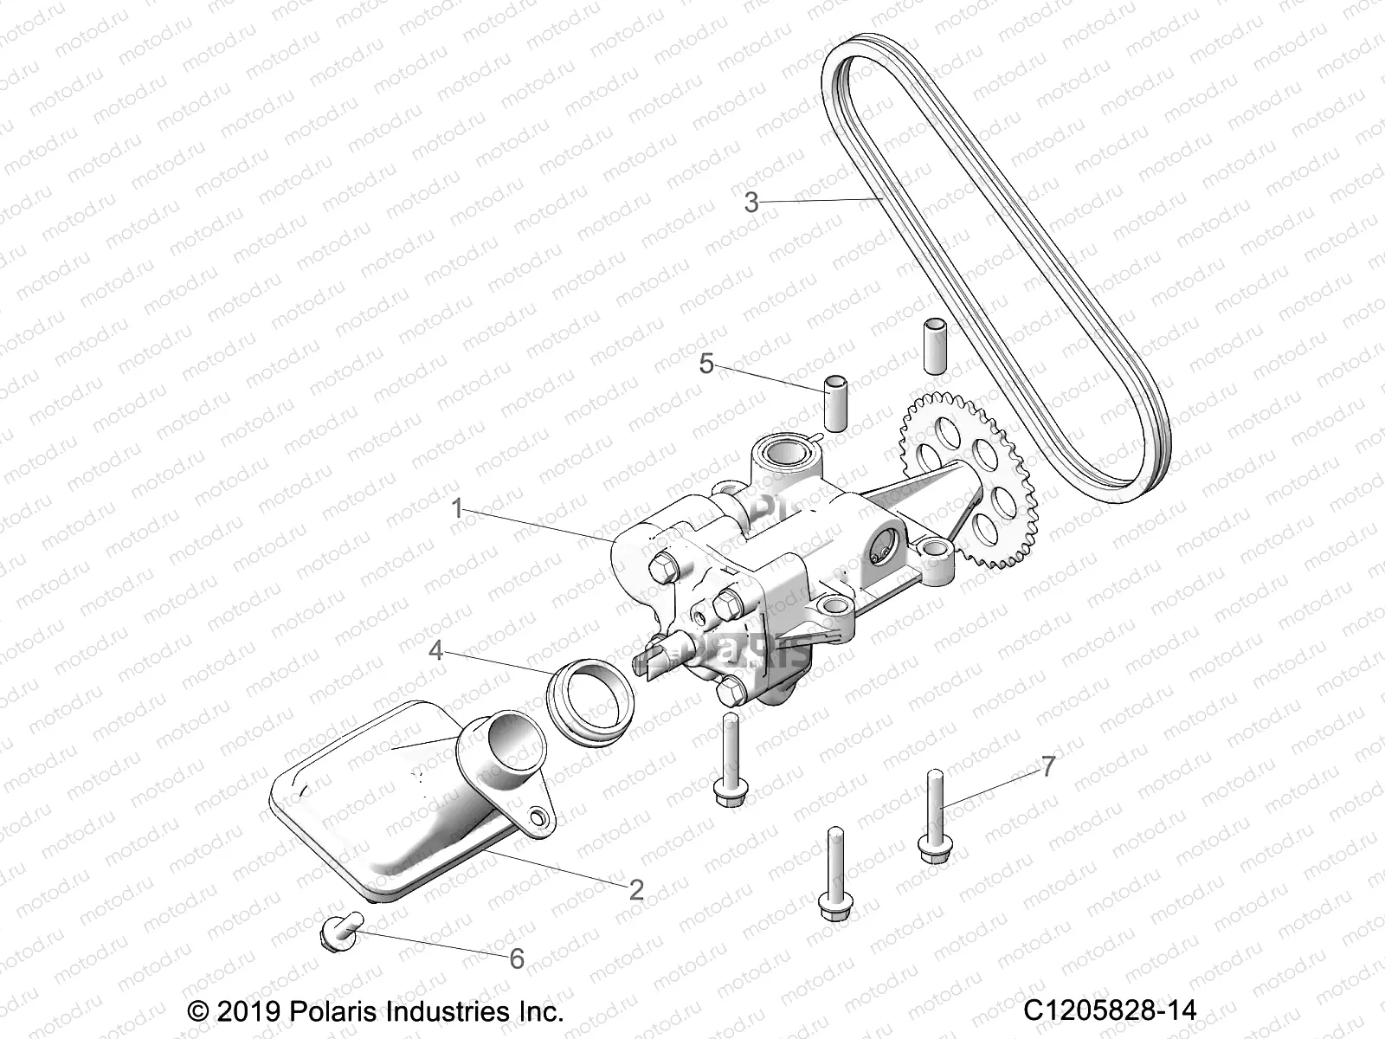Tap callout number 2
(636, 889)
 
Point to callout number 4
(436, 649)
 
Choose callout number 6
(517, 958)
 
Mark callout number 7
(1048, 766)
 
